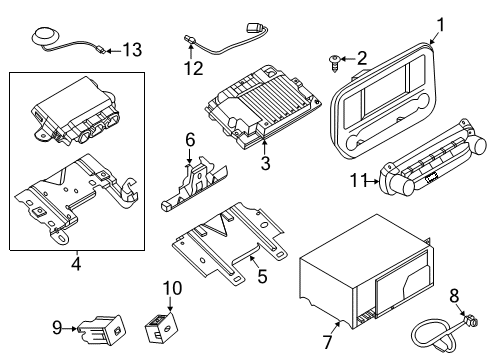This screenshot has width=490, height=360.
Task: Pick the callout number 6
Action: point(189,142)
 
